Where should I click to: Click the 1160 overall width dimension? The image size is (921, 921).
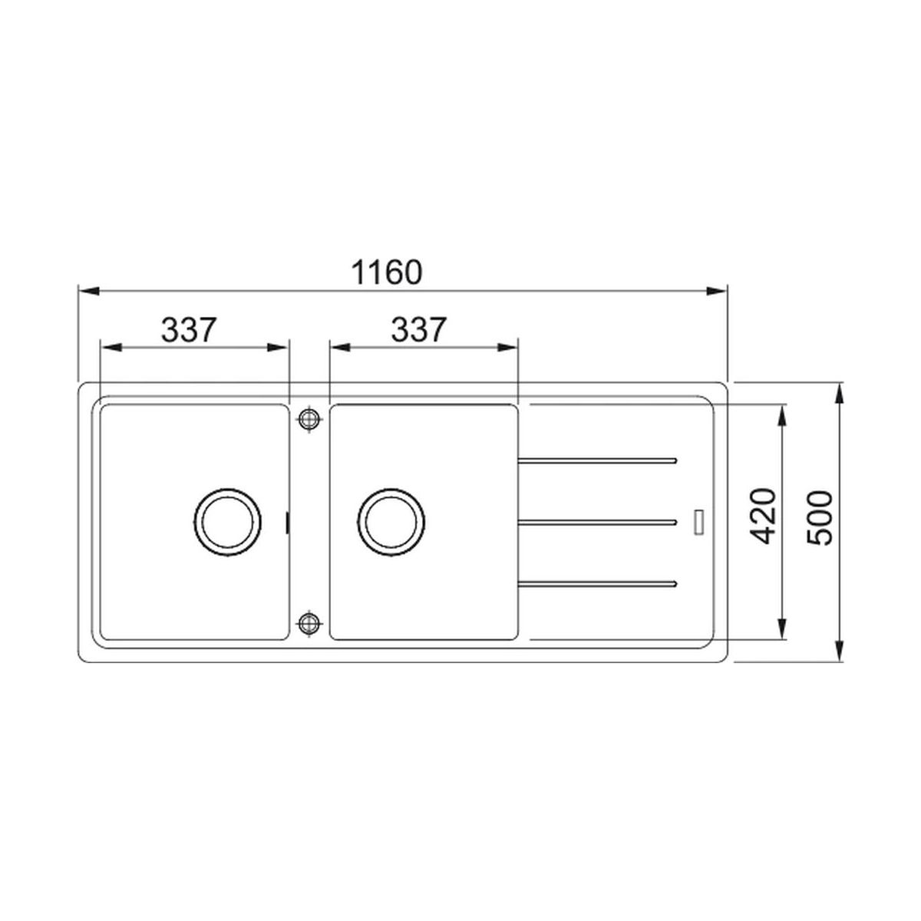(387, 272)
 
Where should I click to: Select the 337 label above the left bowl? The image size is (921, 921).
(189, 330)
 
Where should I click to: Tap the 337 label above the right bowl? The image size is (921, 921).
(419, 330)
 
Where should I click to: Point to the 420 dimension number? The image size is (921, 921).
(762, 517)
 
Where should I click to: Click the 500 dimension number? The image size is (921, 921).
(819, 518)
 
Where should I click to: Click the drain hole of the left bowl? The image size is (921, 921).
(227, 523)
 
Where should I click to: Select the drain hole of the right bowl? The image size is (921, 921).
(391, 523)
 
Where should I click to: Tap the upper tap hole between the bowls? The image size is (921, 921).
(309, 419)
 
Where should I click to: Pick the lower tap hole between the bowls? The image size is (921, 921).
(309, 622)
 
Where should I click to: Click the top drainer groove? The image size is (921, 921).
(597, 460)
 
